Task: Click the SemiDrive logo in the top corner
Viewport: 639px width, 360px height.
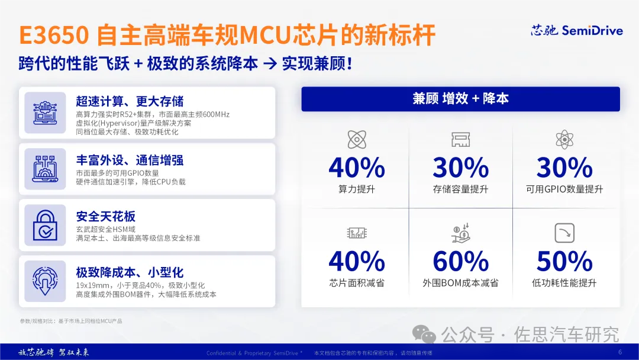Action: pyautogui.click(x=576, y=31)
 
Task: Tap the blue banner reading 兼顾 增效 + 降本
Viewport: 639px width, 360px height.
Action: pyautogui.click(x=460, y=99)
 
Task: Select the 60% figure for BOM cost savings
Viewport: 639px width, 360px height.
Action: pyautogui.click(x=460, y=261)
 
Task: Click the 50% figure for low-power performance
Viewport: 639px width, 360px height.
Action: pyautogui.click(x=564, y=261)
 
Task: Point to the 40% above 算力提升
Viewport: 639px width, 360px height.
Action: pyautogui.click(x=357, y=168)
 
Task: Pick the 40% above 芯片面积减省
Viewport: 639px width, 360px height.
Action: pyautogui.click(x=357, y=261)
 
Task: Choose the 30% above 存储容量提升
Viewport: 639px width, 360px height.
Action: pyautogui.click(x=460, y=168)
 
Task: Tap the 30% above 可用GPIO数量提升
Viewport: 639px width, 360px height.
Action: pyautogui.click(x=564, y=168)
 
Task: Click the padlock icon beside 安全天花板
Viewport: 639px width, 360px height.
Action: pyautogui.click(x=45, y=225)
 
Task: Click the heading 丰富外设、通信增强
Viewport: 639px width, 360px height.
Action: pyautogui.click(x=130, y=160)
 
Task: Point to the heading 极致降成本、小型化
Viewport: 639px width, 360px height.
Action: pyautogui.click(x=130, y=272)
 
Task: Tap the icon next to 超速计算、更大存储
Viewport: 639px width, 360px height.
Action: pyautogui.click(x=45, y=112)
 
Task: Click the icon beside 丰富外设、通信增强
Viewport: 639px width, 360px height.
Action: pyautogui.click(x=45, y=169)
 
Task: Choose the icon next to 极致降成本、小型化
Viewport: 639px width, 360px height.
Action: pyautogui.click(x=45, y=281)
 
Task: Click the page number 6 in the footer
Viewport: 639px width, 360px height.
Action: pyautogui.click(x=620, y=352)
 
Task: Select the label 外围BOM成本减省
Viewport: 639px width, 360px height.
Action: pyautogui.click(x=460, y=283)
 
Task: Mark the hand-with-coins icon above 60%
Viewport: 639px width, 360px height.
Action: pyautogui.click(x=460, y=233)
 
